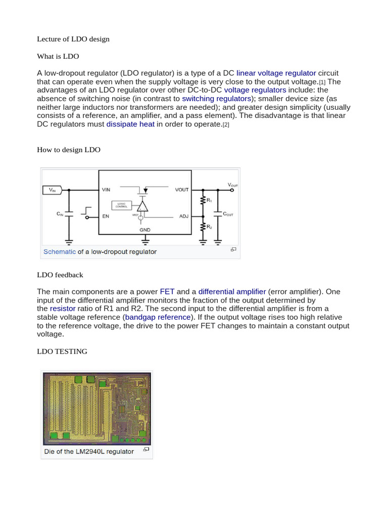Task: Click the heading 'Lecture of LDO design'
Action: (73, 39)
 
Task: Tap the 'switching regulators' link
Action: (216, 98)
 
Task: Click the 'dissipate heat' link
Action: (130, 124)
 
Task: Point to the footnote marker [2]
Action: (226, 124)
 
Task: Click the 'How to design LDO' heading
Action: (69, 150)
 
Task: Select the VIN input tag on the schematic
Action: (52, 190)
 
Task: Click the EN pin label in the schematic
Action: (106, 217)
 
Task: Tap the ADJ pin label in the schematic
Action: (184, 217)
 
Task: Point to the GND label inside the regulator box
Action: (144, 229)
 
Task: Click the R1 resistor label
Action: (209, 200)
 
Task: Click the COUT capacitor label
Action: (228, 214)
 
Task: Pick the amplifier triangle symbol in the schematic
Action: (142, 206)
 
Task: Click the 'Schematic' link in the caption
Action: (60, 251)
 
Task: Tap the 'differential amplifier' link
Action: (232, 291)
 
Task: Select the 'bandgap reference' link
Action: (158, 317)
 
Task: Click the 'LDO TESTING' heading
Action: (62, 351)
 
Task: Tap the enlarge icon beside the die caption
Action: (146, 449)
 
